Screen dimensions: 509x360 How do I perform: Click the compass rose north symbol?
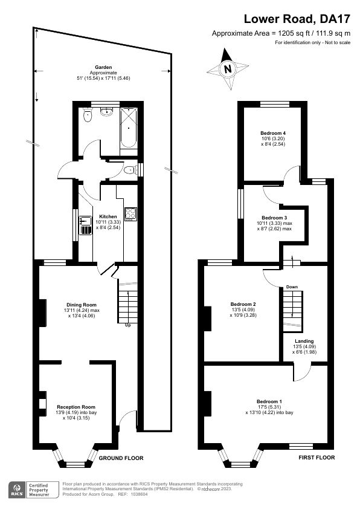228,69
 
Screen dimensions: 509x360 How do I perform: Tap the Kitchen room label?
108,216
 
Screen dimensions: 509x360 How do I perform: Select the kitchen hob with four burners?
130,213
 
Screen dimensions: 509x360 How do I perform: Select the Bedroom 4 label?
272,133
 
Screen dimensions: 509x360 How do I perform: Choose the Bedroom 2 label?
243,304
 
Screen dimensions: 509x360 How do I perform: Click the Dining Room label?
82,304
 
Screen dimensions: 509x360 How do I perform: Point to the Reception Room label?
76,407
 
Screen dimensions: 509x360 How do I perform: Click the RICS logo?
16,488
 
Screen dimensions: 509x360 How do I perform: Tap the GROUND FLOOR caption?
121,458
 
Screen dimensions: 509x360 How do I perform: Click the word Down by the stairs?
292,287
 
